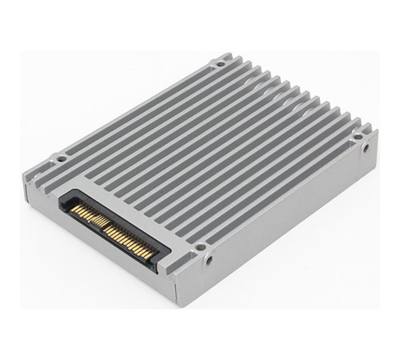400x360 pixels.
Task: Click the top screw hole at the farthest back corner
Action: [x=218, y=61]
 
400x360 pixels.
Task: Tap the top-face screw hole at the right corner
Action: [x=356, y=126]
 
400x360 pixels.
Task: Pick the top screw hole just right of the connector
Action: [x=201, y=246]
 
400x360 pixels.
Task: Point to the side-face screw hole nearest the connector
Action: [x=209, y=262]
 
